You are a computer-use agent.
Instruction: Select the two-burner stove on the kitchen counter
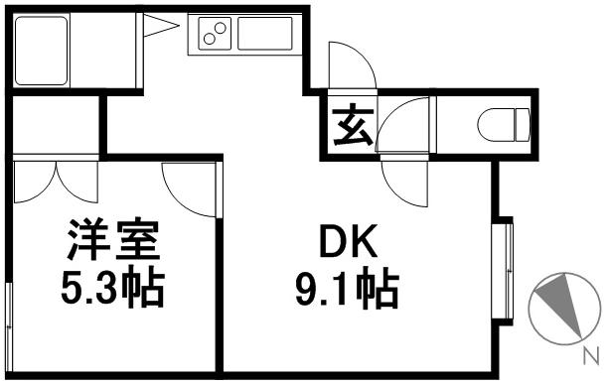[x=215, y=36]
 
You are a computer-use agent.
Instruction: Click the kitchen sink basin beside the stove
[x=263, y=36]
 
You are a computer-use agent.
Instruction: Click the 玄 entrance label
[x=349, y=128]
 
